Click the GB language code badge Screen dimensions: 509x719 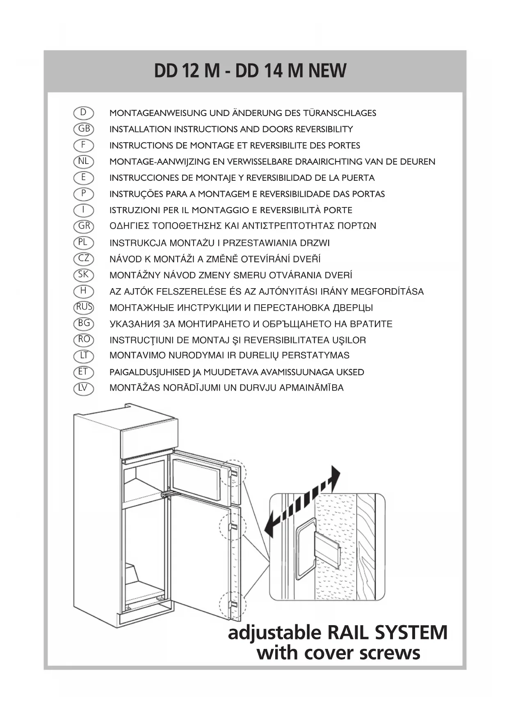pos(84,129)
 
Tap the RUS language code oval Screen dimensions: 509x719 pos(84,307)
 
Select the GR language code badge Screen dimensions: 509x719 pos(84,226)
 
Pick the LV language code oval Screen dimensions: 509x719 pos(84,388)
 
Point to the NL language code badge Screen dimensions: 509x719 pos(84,161)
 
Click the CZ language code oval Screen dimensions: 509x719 pos(84,259)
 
